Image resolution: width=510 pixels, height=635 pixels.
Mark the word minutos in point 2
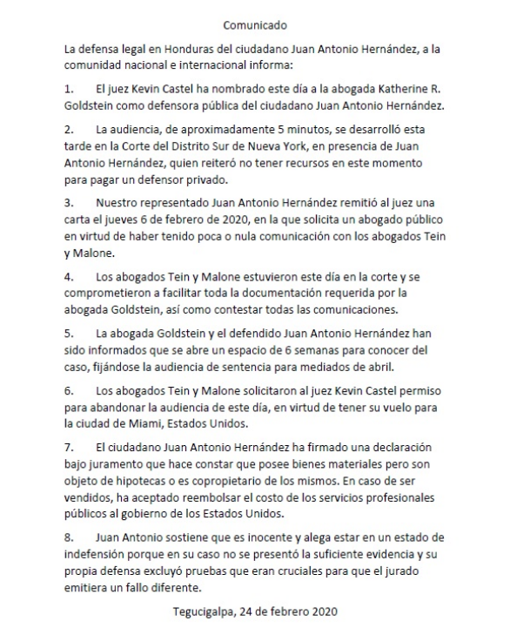click(277, 129)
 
